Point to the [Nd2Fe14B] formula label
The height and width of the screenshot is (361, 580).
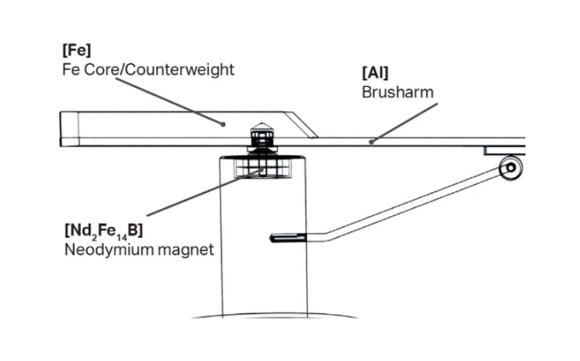click(x=102, y=231)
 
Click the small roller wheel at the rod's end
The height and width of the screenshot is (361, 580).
click(x=510, y=167)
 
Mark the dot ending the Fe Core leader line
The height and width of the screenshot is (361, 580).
click(x=223, y=124)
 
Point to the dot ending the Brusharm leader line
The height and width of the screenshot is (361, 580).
click(x=370, y=141)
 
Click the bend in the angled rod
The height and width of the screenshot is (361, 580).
click(x=326, y=236)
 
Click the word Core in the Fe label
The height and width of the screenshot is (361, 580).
click(x=96, y=70)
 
